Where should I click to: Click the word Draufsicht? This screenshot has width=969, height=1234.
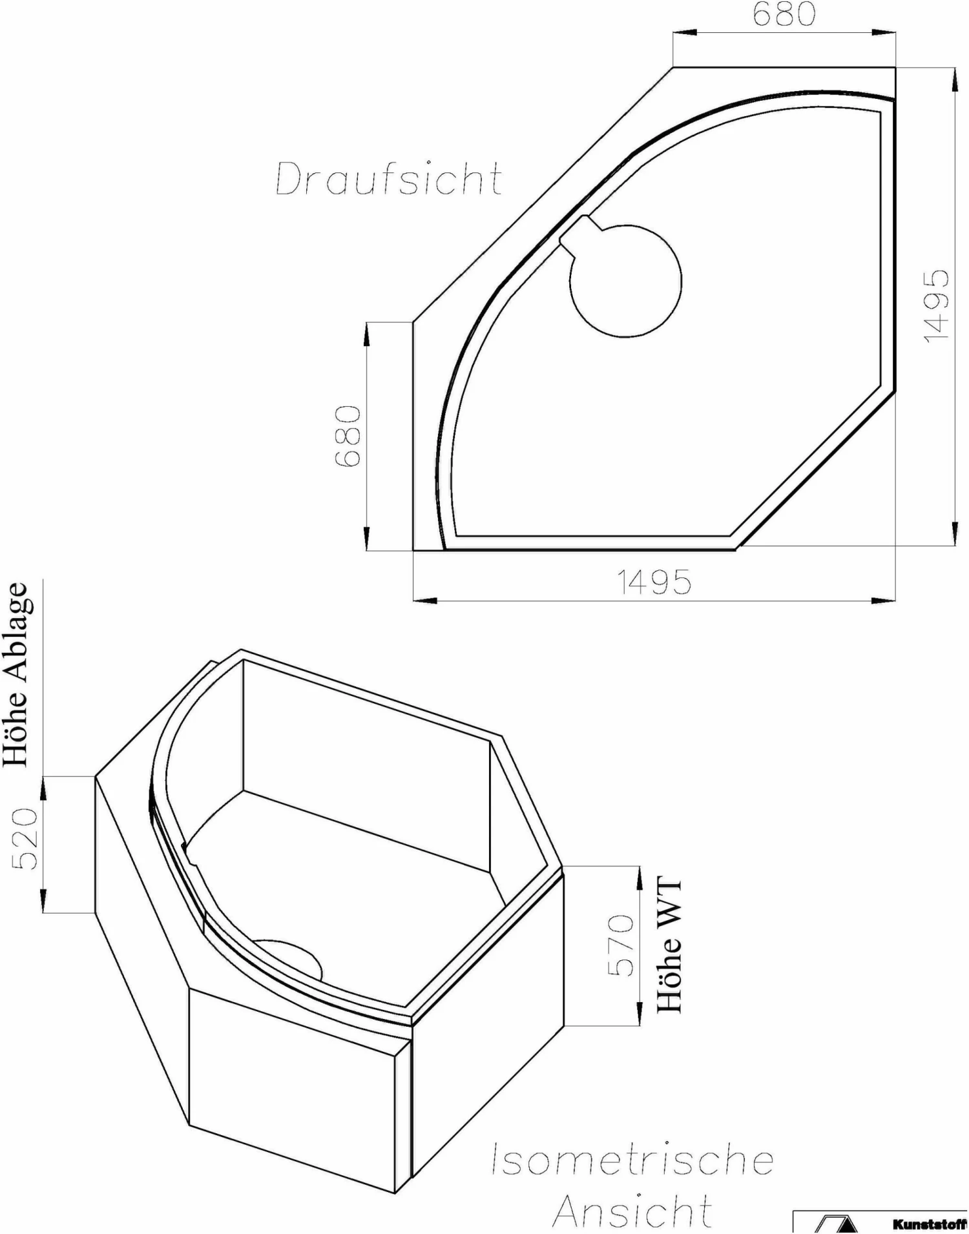[x=389, y=179]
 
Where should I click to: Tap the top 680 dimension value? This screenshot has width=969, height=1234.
[x=784, y=15]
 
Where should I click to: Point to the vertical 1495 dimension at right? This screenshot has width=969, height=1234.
[x=937, y=306]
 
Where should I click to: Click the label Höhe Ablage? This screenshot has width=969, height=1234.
[x=16, y=675]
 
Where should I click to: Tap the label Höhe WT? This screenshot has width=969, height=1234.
[x=670, y=945]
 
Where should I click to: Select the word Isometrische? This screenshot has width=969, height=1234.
[x=632, y=1159]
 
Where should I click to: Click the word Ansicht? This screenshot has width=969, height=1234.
[x=632, y=1211]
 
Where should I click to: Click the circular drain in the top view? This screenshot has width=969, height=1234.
[x=625, y=281]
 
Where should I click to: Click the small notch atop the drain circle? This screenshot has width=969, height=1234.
[x=581, y=230]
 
